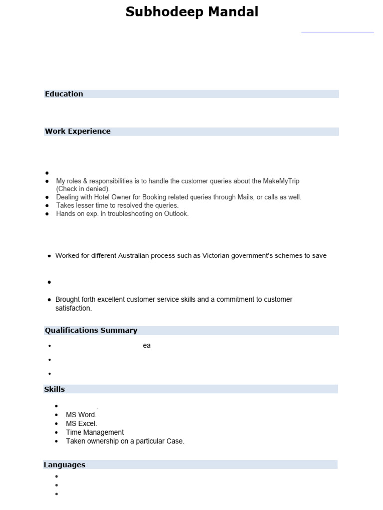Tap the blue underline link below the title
[x=337, y=32]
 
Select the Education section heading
[x=64, y=94]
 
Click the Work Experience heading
[x=78, y=131]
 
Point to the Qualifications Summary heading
[x=91, y=330]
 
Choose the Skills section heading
[x=54, y=389]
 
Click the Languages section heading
[x=64, y=465]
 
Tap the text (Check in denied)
[x=83, y=189]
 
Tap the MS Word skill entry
[x=81, y=414]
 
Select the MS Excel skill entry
[x=81, y=423]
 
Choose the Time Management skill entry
[x=95, y=432]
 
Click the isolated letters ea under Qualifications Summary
[x=147, y=346]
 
